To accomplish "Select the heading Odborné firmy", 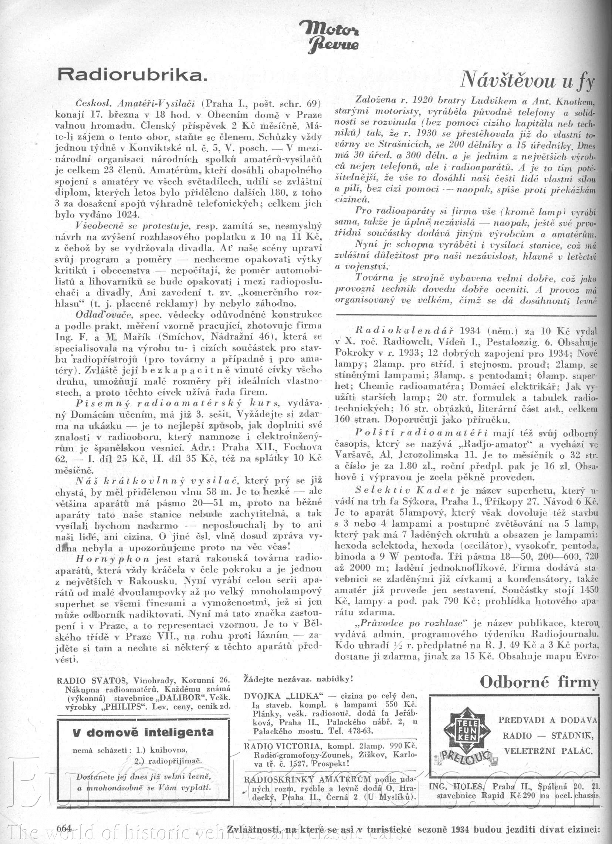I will pos(539,682).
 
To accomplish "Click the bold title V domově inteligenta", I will pos(143,732).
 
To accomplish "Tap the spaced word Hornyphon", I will pos(113,559).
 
